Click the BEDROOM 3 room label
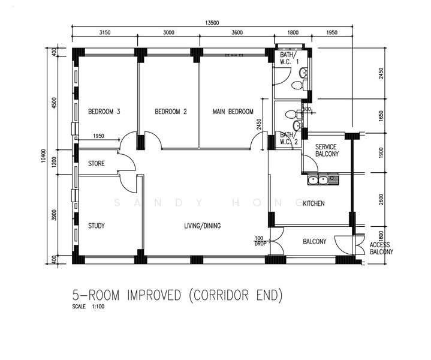point(104,112)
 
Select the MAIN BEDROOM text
point(233,112)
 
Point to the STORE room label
point(97,163)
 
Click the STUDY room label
point(97,226)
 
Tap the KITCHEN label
point(314,204)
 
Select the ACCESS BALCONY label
point(381,249)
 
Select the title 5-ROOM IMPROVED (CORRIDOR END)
point(176,296)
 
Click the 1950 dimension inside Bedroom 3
point(99,136)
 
